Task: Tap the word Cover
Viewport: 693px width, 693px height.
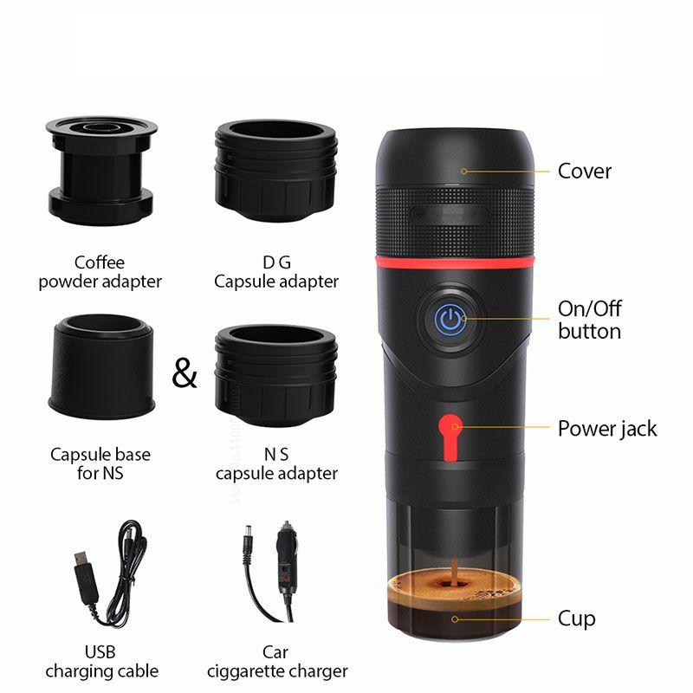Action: coord(584,172)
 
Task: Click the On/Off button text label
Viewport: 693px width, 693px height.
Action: coord(589,320)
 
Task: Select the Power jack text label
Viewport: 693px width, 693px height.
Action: coord(606,429)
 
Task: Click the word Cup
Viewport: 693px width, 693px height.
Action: coord(576,619)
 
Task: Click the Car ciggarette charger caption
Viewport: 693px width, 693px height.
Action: coord(277,662)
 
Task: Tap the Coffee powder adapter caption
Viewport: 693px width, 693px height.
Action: coord(100,272)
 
